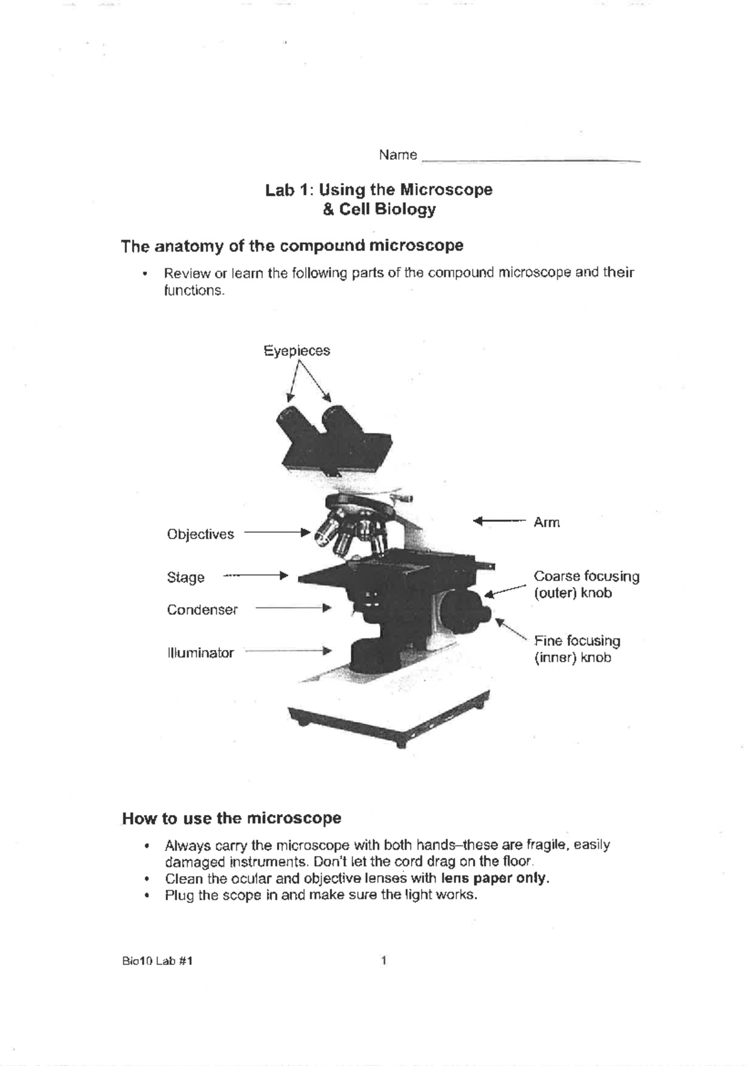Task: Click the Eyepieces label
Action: coord(297,351)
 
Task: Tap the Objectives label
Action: coord(200,534)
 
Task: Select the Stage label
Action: coord(185,578)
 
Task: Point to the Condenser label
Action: coord(202,610)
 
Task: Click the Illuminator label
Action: coord(200,653)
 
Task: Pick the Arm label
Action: coord(546,522)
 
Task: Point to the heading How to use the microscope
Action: coord(231,818)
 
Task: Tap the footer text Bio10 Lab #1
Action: coord(157,960)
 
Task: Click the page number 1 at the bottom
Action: coord(384,960)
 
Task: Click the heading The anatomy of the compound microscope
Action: coord(292,246)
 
